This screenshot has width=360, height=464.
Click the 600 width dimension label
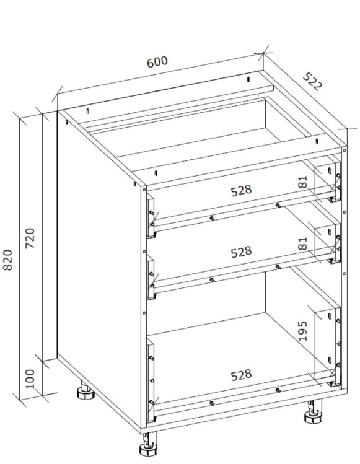tap(157, 61)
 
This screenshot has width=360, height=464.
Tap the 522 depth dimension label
tap(312, 81)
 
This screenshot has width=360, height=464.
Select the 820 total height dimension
tap(7, 260)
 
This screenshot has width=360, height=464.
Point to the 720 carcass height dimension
tap(30, 239)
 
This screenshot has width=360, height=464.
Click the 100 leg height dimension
tap(30, 379)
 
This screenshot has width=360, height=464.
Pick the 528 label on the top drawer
tap(241, 191)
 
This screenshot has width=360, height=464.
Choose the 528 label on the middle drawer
tap(241, 252)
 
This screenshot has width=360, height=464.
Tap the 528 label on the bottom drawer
tap(241, 375)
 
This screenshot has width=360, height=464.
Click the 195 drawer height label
tap(302, 331)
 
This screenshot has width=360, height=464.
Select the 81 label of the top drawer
tap(302, 182)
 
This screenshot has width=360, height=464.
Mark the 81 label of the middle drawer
tap(302, 243)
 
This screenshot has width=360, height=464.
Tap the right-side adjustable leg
tap(314, 412)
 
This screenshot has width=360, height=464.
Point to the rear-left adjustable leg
tap(86, 391)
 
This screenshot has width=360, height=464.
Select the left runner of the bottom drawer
tap(151, 380)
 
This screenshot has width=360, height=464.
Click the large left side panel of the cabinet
tap(99, 266)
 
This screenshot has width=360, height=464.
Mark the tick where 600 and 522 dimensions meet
tap(263, 53)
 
